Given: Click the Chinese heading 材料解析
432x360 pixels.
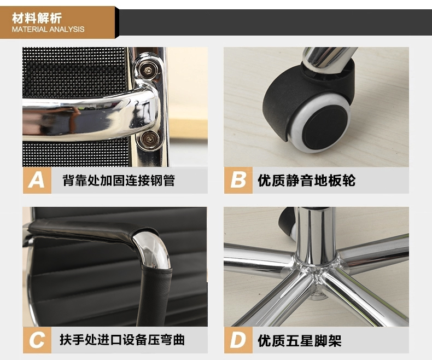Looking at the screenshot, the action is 37,18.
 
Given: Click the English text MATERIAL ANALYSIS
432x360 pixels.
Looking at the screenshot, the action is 48,29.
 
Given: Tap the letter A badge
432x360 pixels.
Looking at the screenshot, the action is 37,181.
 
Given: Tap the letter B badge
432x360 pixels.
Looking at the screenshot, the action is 238,181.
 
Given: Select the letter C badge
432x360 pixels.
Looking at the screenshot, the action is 37,340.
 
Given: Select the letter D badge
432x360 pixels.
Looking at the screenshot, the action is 238,340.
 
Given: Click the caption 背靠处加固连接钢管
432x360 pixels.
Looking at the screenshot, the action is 119,181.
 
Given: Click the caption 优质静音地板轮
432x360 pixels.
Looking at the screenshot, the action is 306,181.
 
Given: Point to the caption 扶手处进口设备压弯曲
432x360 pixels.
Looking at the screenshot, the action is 122,340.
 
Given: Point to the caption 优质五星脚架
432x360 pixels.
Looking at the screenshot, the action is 300,340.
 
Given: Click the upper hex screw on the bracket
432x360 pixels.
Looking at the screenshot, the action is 149,71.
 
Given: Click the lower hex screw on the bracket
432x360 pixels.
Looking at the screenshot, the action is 149,138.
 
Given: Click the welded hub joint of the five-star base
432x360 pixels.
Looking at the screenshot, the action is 316,271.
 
